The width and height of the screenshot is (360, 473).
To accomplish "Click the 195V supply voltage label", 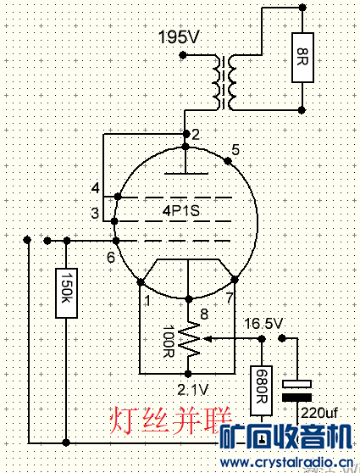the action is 179,37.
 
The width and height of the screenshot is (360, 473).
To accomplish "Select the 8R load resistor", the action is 302,58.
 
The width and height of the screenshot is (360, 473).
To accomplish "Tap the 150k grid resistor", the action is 66,293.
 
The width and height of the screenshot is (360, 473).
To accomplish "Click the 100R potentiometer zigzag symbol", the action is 189,339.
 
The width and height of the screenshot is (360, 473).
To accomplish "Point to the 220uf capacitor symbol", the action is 297,391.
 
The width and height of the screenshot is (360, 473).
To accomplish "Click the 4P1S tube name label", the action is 181,210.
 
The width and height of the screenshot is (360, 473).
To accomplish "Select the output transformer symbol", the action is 224,83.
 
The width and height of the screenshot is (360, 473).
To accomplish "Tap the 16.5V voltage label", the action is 263,324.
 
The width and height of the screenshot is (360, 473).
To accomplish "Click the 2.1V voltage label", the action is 193,390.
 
